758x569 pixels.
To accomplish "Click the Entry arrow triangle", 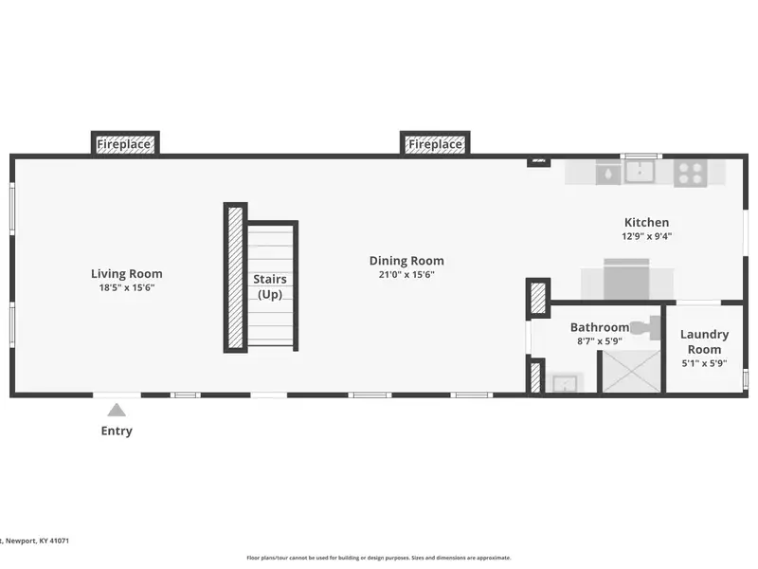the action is (x=117, y=411).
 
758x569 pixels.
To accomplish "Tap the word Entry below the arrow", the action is (x=117, y=431).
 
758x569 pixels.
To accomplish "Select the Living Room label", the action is (x=127, y=274).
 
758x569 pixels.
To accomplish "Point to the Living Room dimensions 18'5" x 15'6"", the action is (x=127, y=288).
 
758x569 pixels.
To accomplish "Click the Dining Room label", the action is (x=406, y=261).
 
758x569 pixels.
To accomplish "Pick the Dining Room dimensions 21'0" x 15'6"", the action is (x=406, y=275).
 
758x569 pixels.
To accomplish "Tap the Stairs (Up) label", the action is (x=270, y=287).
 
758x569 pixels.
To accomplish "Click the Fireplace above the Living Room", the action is (x=125, y=144).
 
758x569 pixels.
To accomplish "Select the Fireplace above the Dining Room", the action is (x=435, y=144).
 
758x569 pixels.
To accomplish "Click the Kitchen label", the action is (x=647, y=223).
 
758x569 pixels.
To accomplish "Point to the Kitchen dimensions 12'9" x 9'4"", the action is (x=647, y=236).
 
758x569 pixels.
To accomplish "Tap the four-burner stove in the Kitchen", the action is (x=691, y=174).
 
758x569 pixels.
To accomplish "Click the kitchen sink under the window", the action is (x=641, y=172).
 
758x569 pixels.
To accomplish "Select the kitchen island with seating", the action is (x=626, y=280).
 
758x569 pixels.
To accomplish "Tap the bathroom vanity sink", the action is (x=565, y=383).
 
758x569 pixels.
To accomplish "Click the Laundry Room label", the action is (x=704, y=341).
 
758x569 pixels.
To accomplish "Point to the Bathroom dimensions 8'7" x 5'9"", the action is (x=600, y=341).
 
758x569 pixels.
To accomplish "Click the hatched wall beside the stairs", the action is (x=235, y=278).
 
